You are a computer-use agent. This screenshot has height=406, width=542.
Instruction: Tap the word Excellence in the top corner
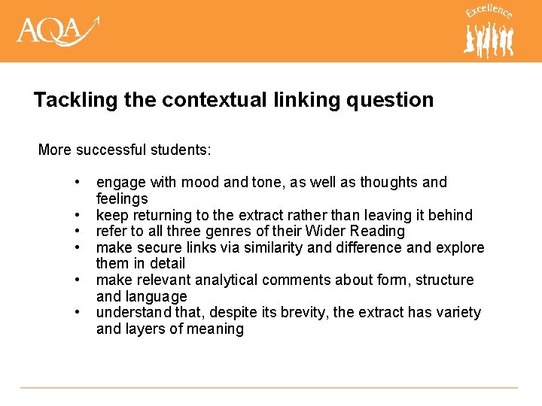point(489,12)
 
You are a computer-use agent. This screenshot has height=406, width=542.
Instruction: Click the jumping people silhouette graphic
point(489,39)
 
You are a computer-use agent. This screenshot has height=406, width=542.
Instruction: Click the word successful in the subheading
point(111,150)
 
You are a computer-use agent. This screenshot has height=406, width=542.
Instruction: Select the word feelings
point(122,199)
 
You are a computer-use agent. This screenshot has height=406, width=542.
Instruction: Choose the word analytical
point(226,280)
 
